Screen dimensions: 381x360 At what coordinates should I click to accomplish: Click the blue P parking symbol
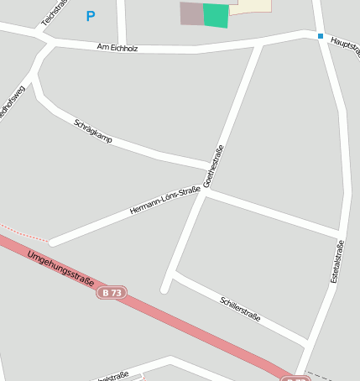tap(91, 16)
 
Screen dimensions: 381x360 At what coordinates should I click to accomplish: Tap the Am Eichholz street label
tap(117, 47)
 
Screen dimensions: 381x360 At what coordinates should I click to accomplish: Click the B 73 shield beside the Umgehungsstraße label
tap(112, 292)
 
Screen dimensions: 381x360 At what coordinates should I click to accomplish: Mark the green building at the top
tap(216, 15)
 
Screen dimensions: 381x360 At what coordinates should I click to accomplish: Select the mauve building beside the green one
tap(191, 13)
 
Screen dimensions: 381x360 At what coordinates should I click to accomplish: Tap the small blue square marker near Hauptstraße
tap(320, 35)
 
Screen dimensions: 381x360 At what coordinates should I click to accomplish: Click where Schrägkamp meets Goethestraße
tap(211, 164)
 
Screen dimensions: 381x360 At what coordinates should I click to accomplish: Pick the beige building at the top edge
tap(251, 5)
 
